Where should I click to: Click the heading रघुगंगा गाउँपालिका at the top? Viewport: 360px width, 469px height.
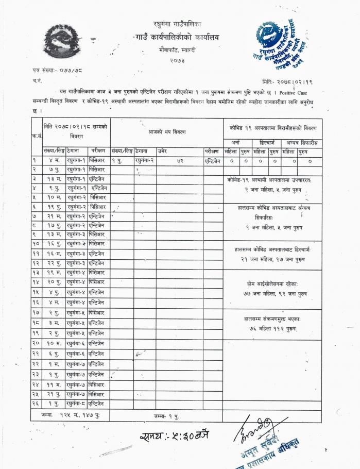coord(178,24)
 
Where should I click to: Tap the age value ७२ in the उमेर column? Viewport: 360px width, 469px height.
coord(181,161)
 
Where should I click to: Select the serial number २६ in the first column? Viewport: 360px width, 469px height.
coord(36,404)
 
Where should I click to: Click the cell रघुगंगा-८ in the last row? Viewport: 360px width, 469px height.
coord(76,404)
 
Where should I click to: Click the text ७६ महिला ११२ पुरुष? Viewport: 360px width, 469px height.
coord(272,328)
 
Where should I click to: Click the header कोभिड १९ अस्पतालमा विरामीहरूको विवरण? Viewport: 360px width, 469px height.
coord(272,128)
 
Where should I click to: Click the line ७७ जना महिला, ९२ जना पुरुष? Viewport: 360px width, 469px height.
coord(272,293)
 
